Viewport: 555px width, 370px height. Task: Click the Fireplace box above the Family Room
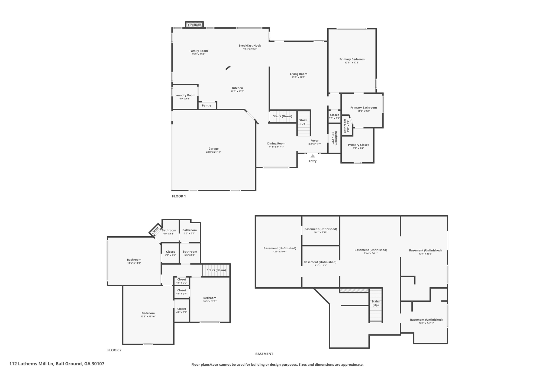point(194,25)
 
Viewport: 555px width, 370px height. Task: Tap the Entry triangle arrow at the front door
point(312,156)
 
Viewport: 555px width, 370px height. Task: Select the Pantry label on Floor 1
point(206,105)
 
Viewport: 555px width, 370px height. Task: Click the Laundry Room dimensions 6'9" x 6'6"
point(185,99)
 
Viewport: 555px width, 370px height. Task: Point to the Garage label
point(213,149)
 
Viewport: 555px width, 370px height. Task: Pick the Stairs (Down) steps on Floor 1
point(282,116)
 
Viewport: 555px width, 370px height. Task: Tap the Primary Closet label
point(358,145)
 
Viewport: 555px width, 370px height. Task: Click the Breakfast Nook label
point(250,46)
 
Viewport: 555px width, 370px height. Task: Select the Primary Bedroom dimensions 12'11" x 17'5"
point(352,63)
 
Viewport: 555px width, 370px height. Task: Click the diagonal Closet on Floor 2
point(155,230)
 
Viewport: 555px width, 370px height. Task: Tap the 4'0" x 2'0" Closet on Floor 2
point(181,281)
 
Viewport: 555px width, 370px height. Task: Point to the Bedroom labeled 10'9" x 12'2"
point(210,299)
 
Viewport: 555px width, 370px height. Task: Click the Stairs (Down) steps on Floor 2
point(216,270)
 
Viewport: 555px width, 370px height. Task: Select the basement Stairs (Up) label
point(375,303)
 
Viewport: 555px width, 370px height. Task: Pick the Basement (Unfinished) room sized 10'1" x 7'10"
point(321,230)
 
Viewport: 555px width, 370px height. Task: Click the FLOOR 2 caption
point(114,350)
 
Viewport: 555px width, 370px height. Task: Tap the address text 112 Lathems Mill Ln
point(57,364)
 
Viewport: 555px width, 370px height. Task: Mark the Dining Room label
point(276,143)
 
